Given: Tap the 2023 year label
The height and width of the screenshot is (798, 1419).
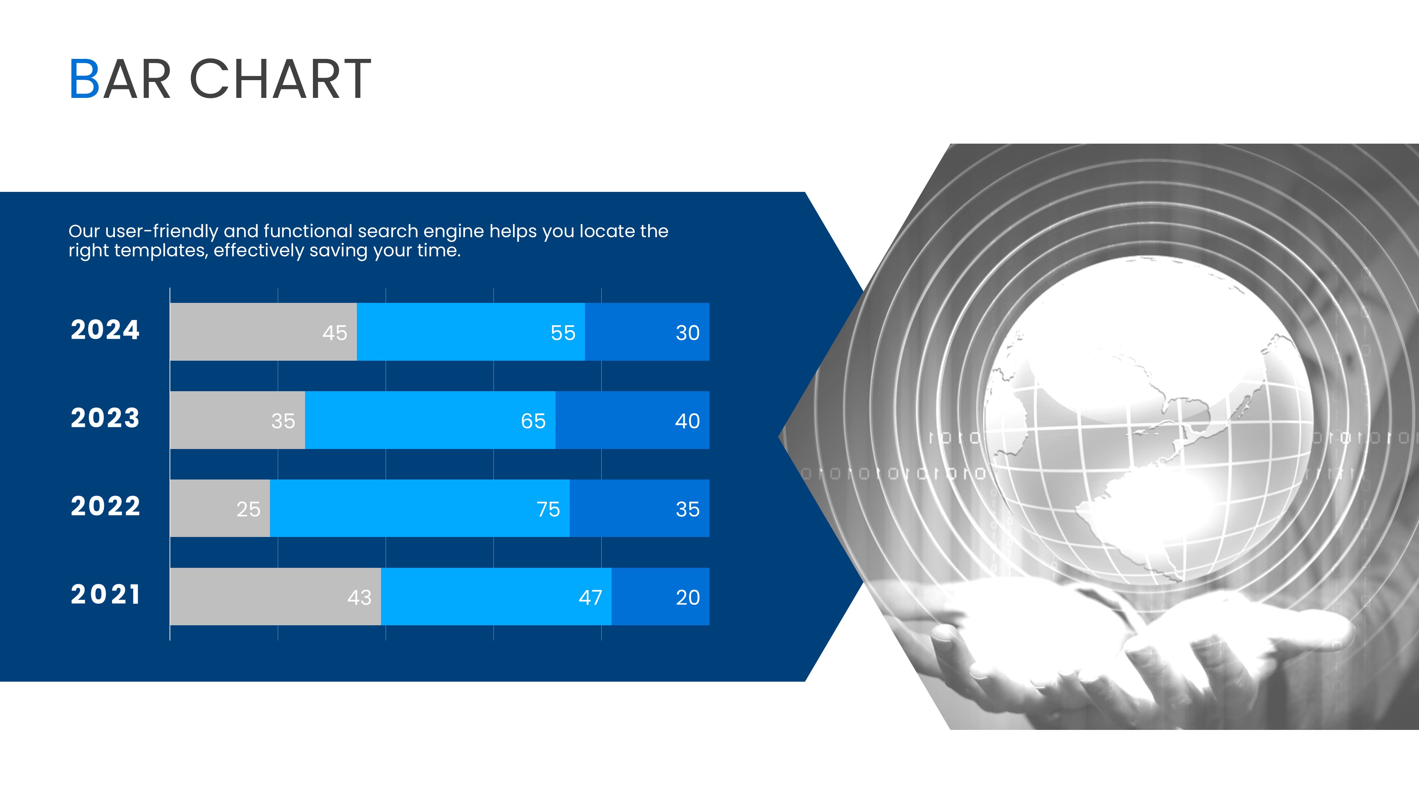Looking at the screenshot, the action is click(105, 418).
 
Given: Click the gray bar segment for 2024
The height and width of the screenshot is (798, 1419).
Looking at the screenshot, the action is click(263, 332).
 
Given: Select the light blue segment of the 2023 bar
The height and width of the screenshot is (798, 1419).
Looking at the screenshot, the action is click(430, 420).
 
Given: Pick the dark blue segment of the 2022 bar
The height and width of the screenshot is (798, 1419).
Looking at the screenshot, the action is click(640, 508).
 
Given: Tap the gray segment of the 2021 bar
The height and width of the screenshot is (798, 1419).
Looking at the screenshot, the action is click(275, 597).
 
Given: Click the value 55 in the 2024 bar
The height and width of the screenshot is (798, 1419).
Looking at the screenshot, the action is click(563, 333).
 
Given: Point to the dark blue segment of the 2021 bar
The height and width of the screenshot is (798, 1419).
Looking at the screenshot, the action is click(661, 597).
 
